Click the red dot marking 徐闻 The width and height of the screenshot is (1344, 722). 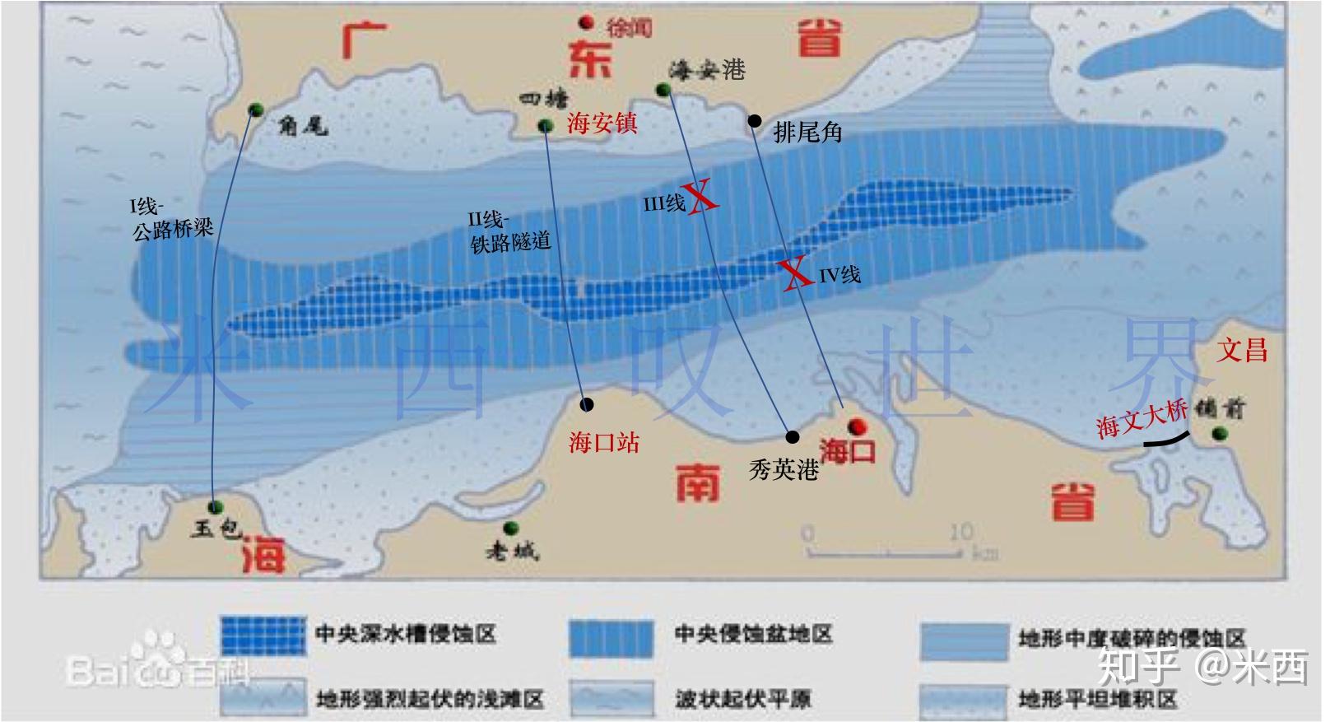[586, 22]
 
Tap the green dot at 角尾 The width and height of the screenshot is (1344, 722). [255, 109]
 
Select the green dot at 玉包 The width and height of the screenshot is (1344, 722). [216, 506]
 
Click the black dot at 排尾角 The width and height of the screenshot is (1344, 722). [755, 121]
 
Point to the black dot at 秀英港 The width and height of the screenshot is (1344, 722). [792, 437]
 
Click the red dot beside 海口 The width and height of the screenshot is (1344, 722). [857, 426]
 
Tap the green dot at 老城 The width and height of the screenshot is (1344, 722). [510, 527]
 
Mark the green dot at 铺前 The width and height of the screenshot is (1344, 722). [1219, 433]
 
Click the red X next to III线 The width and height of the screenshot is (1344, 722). [702, 198]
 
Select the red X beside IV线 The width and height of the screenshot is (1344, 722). [795, 273]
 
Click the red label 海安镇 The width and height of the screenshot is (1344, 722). [602, 123]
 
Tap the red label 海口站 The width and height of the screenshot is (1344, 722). [603, 443]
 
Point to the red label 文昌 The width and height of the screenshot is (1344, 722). [1242, 350]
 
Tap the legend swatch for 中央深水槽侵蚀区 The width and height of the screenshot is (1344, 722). [263, 636]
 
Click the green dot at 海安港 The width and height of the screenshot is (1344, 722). [663, 90]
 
